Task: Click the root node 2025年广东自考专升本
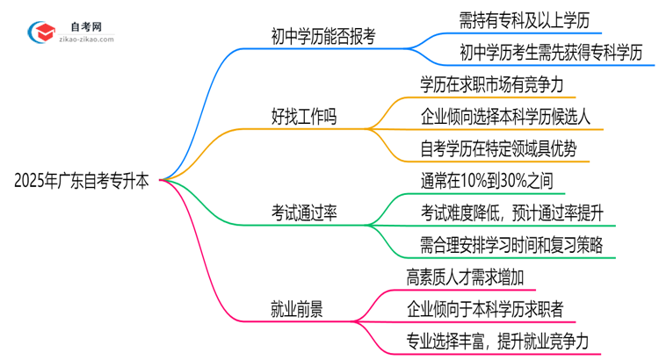pos(82,182)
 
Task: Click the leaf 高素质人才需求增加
pos(466,277)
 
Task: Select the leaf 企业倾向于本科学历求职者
pos(486,308)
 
